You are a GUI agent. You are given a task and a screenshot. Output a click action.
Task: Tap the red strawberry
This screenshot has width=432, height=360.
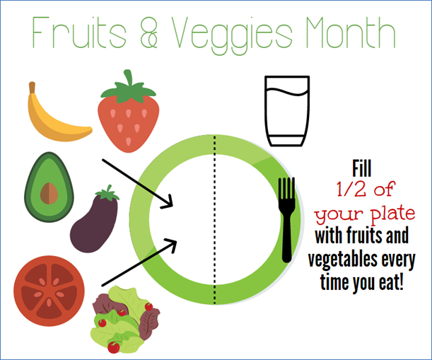click(129, 119)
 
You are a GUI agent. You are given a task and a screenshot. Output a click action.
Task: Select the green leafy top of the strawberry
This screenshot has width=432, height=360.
click(129, 88)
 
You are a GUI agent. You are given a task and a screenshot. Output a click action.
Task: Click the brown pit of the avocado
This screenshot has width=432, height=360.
click(49, 194)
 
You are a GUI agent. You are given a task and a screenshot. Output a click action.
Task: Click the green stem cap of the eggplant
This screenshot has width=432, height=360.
click(108, 193)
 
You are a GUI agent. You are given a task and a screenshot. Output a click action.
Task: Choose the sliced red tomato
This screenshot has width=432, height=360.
click(49, 291)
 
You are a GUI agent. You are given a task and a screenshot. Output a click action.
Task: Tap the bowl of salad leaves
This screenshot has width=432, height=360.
click(125, 320)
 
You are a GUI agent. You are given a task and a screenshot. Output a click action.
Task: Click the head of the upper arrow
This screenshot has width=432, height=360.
click(168, 202)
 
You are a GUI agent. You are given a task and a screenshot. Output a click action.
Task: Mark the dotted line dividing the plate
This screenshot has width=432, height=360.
click(215, 219)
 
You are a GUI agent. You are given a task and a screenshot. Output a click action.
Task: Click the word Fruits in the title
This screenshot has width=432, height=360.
click(79, 33)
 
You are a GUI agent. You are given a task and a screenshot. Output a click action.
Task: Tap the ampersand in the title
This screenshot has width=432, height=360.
click(148, 33)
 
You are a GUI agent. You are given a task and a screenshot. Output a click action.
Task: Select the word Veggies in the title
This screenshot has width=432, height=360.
click(232, 35)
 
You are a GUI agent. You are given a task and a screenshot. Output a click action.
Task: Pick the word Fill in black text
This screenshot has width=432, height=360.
click(362, 168)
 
